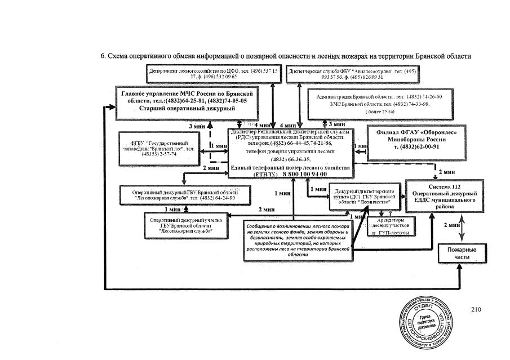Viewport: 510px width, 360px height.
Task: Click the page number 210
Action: pyautogui.click(x=476, y=309)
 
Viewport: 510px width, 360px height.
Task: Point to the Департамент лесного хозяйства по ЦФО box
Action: pyautogui.click(x=214, y=73)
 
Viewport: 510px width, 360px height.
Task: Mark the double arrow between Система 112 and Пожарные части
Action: pyautogui.click(x=462, y=228)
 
